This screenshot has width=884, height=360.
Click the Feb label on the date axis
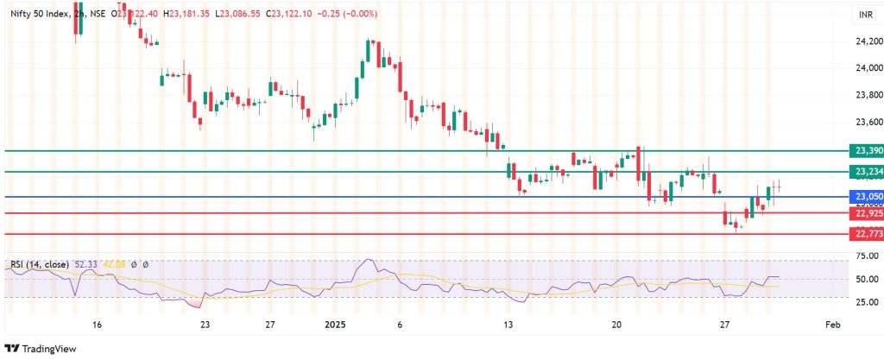pos(832,325)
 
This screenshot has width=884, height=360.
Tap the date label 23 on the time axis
pos(205,325)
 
